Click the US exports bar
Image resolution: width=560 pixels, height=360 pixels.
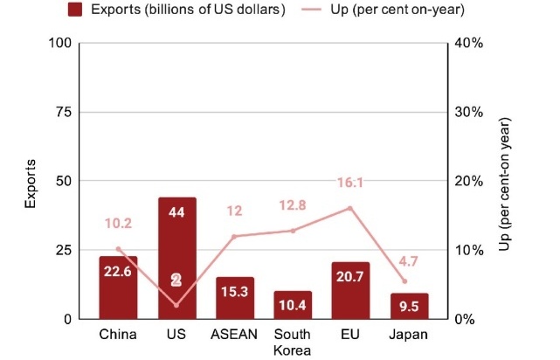coord(176,258)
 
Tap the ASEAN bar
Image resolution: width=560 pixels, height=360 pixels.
coord(234,298)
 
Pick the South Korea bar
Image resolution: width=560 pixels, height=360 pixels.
coord(293,305)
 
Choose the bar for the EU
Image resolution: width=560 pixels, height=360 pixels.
coord(350,290)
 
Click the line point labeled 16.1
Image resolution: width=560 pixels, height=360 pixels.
coord(350,208)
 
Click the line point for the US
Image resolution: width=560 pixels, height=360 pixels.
coord(176,305)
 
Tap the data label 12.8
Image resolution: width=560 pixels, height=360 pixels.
coord(293,205)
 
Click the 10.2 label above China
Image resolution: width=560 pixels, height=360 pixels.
coord(118,224)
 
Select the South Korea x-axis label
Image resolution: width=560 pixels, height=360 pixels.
coord(293,343)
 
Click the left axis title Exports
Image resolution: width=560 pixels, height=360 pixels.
coord(30,182)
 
